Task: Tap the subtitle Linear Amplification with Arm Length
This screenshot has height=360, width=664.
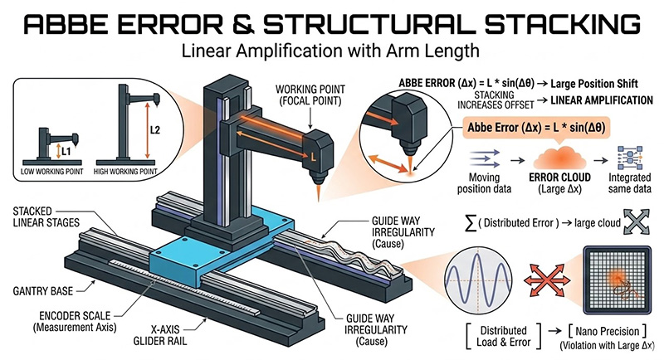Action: [331, 52]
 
